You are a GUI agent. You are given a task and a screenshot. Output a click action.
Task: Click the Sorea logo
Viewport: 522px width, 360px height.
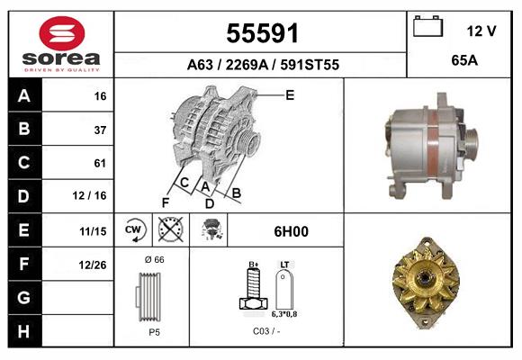(x=61, y=44)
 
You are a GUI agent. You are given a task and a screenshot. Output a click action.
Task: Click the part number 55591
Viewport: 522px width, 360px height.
(x=261, y=33)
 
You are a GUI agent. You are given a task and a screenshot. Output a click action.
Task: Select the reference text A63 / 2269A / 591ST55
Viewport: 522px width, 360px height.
(x=262, y=65)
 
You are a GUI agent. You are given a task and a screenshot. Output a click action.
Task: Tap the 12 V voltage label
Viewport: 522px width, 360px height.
(x=481, y=31)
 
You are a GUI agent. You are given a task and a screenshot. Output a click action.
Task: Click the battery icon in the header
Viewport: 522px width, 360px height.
(x=427, y=27)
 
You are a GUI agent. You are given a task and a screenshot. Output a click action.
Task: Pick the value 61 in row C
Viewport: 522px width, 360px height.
(x=100, y=163)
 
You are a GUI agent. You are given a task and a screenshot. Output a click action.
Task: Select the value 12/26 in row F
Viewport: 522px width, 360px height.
(x=93, y=264)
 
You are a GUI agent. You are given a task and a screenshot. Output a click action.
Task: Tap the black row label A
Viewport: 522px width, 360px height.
(x=23, y=95)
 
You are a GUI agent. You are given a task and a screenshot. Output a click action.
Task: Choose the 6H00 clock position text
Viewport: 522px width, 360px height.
(x=291, y=231)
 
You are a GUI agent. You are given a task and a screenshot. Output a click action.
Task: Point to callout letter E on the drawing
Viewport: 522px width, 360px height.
(x=290, y=94)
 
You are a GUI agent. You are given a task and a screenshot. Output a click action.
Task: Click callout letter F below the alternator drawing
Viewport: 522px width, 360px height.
(x=166, y=202)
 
